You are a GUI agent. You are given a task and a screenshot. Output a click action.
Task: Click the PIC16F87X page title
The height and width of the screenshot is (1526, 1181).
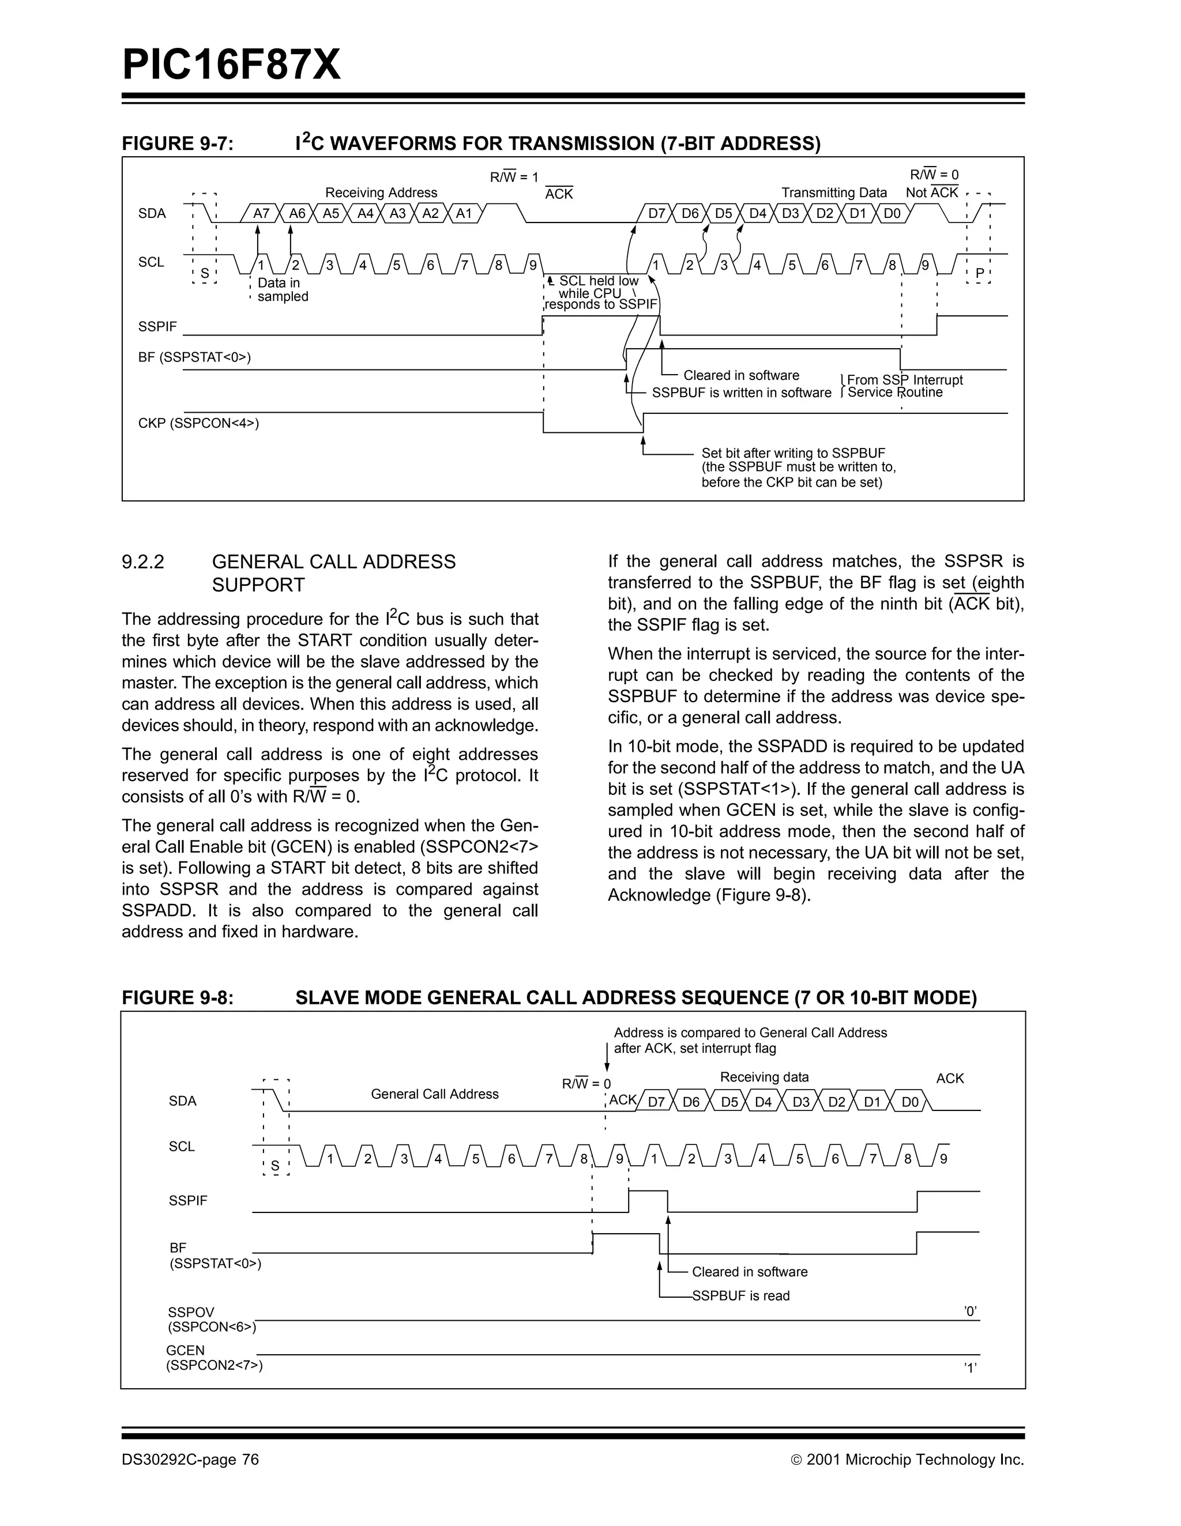point(231,66)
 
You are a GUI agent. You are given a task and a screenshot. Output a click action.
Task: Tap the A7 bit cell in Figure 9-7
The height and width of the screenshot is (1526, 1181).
point(261,214)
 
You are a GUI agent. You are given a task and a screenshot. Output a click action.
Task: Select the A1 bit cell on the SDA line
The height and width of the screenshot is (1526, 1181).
point(464,214)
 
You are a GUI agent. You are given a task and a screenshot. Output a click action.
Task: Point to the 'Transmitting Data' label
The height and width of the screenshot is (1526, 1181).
point(834,193)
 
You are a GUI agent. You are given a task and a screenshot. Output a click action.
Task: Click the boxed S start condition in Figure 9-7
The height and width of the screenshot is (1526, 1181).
point(205,273)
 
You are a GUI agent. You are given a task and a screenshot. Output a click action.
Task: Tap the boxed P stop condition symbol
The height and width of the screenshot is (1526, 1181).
point(979,273)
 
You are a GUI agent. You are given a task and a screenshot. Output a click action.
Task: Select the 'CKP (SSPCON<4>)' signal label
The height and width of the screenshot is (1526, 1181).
point(198,423)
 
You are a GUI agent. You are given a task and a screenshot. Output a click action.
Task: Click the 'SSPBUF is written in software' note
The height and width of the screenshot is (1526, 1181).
point(742,393)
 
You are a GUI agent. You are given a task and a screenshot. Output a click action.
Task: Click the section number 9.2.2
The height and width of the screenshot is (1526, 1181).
point(143,562)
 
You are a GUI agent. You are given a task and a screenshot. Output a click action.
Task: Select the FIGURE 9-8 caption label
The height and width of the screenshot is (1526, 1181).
point(178,998)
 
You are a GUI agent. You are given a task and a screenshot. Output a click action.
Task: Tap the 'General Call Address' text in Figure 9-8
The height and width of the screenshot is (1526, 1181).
point(435,1094)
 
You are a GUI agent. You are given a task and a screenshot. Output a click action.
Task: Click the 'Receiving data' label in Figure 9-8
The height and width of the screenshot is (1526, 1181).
point(765,1077)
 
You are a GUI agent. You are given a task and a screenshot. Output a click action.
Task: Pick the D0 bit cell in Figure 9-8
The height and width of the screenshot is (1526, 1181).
point(910,1103)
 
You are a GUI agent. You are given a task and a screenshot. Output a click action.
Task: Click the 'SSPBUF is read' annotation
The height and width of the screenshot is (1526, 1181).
point(741,1296)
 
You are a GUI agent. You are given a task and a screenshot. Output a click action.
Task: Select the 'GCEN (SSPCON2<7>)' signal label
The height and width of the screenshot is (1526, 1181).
point(214,1358)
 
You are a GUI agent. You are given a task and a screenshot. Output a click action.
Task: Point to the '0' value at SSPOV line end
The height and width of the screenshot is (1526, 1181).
point(970,1312)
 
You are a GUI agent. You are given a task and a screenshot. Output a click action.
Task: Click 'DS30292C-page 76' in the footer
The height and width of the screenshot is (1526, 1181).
point(190,1460)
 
